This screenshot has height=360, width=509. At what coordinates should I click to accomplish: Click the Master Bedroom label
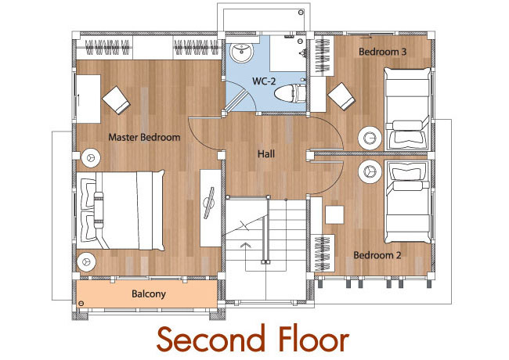coord(144,137)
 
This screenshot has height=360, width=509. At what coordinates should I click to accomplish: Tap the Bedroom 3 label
coord(382,52)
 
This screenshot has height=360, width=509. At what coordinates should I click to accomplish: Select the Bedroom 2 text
coord(377,255)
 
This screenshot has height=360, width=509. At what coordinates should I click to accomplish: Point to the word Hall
coord(266,153)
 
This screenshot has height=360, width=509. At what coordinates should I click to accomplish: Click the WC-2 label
coord(264,81)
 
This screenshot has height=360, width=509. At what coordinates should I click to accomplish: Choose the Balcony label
coord(149,293)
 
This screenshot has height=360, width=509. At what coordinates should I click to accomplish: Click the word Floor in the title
coord(313,339)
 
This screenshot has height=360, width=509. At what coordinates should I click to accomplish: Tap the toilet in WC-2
coord(290,93)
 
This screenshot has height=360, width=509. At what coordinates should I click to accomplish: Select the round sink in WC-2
coord(241,53)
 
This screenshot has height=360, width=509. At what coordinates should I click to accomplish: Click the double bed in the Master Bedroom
coord(121,211)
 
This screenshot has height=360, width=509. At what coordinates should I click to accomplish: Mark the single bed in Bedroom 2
coord(408,202)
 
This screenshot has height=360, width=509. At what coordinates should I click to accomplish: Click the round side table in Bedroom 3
coord(370,139)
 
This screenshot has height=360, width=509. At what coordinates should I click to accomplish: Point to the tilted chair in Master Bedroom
coord(116,100)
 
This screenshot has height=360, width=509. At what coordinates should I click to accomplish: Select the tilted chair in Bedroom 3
coord(341,96)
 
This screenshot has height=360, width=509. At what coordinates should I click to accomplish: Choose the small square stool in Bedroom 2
coord(334,214)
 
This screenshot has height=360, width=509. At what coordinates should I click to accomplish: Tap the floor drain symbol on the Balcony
coord(81,304)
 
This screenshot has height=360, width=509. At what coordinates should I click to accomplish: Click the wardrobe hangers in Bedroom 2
coord(323,254)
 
